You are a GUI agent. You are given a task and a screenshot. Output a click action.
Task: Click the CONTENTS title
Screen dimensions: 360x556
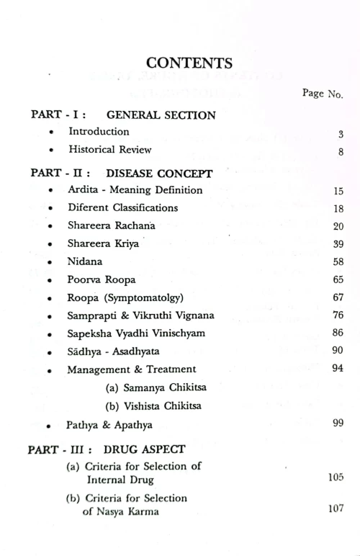(189, 63)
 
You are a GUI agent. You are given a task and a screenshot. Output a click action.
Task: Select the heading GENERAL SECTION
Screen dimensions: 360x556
(161, 115)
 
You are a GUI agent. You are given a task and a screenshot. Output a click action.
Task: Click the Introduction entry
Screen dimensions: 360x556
(99, 132)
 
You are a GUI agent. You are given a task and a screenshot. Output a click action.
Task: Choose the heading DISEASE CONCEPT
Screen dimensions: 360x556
(159, 173)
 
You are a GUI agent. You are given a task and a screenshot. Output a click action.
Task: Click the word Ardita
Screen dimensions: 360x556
(84, 190)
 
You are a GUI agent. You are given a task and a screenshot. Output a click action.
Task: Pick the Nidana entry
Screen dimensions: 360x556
(85, 261)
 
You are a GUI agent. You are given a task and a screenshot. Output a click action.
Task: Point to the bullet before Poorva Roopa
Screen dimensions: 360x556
(50, 280)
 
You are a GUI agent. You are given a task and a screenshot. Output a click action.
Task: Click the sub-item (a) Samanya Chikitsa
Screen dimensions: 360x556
(150, 387)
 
